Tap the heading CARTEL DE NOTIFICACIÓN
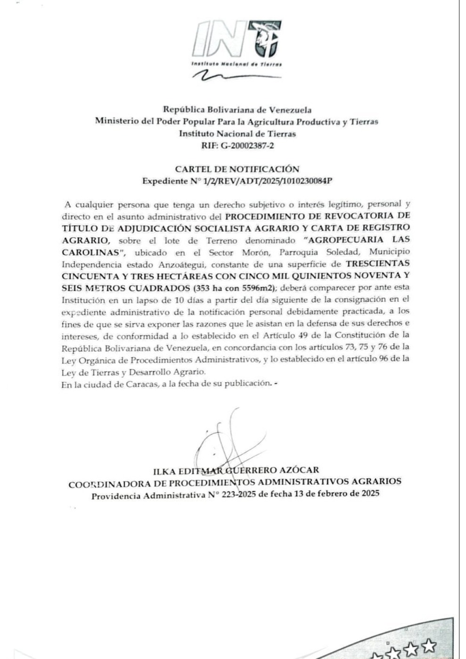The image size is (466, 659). click(x=237, y=169)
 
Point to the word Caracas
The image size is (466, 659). click(x=140, y=384)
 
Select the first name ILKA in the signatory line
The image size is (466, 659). click(x=164, y=470)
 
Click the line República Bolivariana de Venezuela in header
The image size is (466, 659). click(x=237, y=110)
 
